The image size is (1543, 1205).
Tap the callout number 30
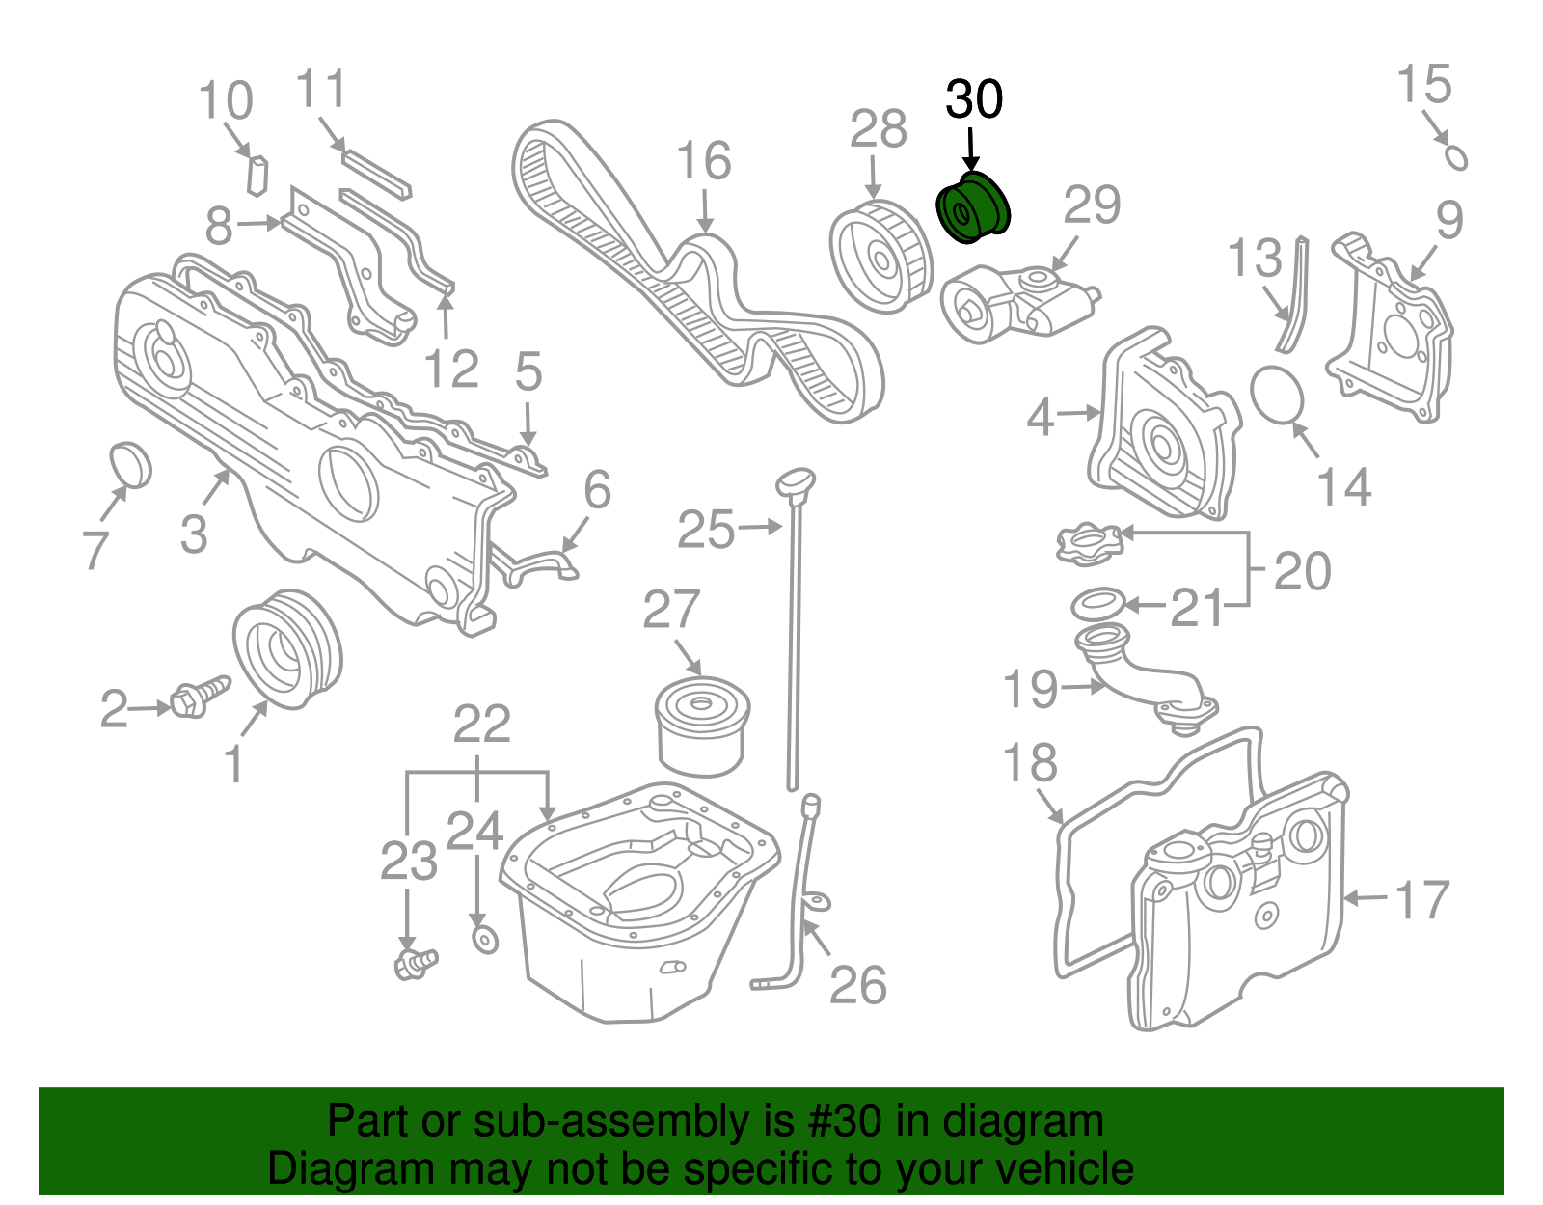(974, 99)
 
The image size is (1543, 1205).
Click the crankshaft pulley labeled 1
(287, 649)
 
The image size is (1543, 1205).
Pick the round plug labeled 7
(131, 465)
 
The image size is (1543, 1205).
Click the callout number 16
(704, 161)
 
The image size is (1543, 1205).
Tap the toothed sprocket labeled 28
(881, 256)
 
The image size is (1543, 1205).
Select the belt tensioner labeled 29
(1017, 302)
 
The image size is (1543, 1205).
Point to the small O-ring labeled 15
(1456, 157)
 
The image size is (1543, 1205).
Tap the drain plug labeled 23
(416, 962)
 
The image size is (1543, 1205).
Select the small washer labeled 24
(485, 938)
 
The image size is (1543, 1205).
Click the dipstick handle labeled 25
(797, 479)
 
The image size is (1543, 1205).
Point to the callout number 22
(482, 724)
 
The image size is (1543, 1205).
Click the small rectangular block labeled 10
(257, 174)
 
